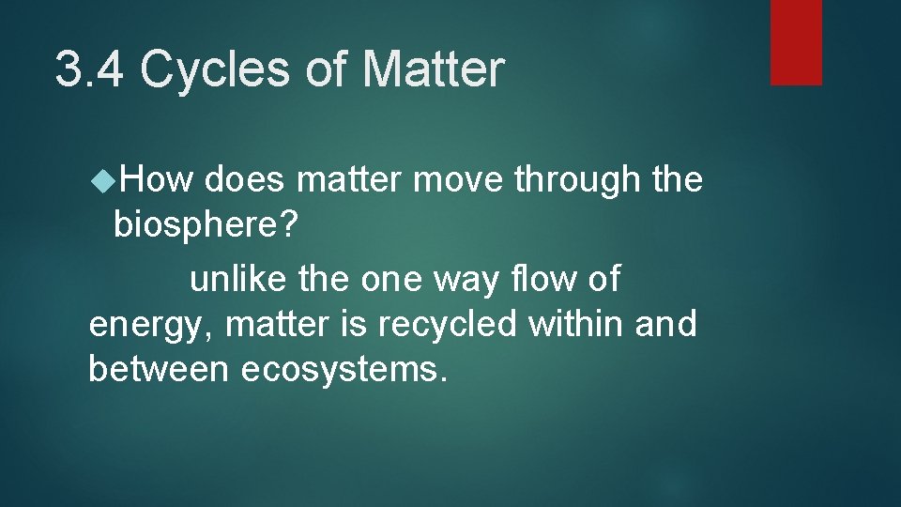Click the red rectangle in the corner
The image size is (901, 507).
(x=796, y=42)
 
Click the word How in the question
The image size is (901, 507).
(x=156, y=179)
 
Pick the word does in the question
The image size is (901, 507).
(x=246, y=179)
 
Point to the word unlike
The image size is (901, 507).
(x=238, y=279)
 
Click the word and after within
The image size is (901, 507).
(x=666, y=324)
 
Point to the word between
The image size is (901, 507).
(x=159, y=369)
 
